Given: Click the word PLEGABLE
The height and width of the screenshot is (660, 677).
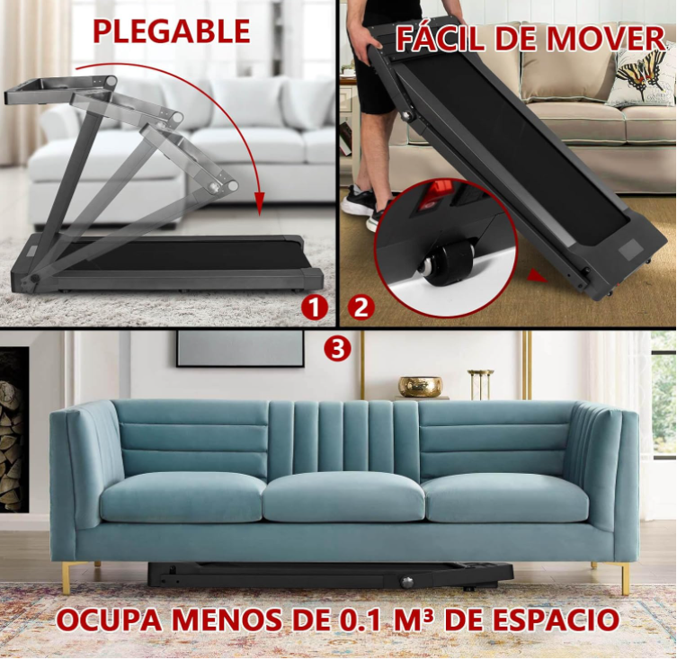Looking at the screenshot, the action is click(172, 31).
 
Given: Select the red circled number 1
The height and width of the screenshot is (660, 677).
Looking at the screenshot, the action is click(315, 308).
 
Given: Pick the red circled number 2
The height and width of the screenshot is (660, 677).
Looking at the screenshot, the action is click(361, 308).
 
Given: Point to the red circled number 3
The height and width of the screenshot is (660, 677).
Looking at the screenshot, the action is click(338, 348).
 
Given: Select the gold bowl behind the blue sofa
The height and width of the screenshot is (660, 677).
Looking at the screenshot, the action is click(420, 386).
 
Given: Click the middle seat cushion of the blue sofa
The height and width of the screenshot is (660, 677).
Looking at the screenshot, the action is click(343, 496).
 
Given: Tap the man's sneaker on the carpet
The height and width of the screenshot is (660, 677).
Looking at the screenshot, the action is click(360, 200).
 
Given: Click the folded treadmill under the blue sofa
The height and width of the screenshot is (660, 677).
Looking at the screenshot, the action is click(330, 575).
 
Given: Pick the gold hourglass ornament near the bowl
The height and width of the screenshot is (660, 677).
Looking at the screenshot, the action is click(480, 384).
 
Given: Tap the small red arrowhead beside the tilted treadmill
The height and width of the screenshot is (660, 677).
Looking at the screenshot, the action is click(538, 276).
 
